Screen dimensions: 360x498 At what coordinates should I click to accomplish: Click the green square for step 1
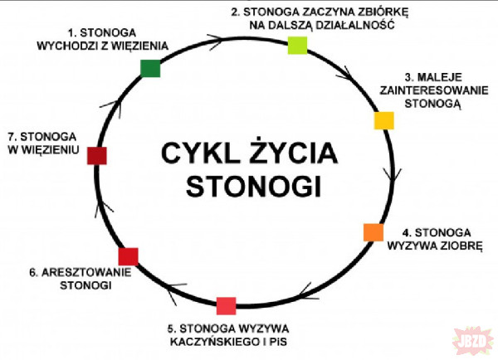[150, 69]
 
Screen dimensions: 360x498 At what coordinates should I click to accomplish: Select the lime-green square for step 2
[298, 46]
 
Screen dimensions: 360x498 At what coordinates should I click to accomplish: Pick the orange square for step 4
[373, 232]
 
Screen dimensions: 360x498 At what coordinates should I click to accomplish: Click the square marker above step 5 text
[226, 305]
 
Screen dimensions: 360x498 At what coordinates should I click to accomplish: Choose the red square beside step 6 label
[128, 255]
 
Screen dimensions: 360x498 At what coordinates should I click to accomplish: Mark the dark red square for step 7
[97, 155]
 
